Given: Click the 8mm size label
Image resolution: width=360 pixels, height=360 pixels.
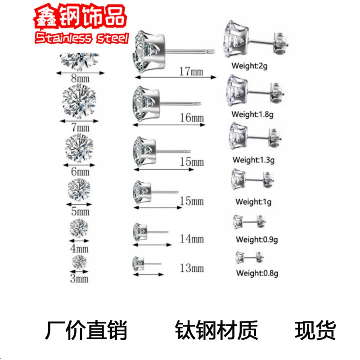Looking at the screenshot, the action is pos(80,78).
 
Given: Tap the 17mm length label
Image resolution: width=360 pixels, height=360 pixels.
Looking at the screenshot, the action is pos(191,72).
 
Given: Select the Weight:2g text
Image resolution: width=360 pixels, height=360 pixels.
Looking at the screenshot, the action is pos(249,66).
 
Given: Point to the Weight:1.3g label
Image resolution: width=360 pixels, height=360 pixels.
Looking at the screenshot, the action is pos(253,160).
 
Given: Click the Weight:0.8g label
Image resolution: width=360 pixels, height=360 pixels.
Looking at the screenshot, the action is pos(257,273).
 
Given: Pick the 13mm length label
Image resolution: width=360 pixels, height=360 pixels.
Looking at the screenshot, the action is pos(192,268).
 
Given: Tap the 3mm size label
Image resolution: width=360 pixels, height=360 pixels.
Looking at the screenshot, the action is pos(79,279).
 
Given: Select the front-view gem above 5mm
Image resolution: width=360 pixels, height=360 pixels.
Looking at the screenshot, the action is pos(79,189).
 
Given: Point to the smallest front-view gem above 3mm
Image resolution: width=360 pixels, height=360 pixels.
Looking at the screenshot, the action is pos(79,262).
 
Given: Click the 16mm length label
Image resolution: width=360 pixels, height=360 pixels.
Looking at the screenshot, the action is pos(192,117).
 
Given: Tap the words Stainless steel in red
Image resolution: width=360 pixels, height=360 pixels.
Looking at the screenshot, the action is pos(82,38).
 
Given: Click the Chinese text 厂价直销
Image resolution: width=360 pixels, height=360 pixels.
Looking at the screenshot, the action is pos(86,330).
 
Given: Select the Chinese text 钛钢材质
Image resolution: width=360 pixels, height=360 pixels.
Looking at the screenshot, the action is pos(216,330).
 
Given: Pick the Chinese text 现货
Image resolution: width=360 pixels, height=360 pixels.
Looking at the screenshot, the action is pos(315,330).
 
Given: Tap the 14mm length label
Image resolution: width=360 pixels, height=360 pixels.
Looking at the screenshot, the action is pos(192,239).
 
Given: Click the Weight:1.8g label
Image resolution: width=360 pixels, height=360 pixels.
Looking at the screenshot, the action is pos(252,114).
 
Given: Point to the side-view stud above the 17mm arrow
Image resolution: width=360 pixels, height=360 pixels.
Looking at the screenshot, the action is pos(174,51).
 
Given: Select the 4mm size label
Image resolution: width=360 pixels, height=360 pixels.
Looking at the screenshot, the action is pos(79,248).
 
